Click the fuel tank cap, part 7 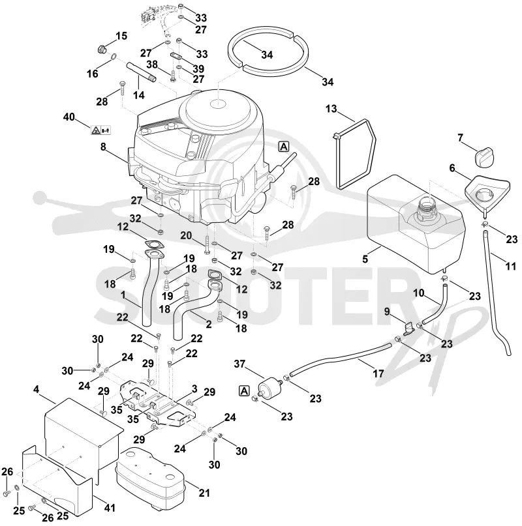click(484, 158)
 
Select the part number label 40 click(69, 117)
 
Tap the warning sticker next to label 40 click(100, 130)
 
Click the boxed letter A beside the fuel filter click(244, 391)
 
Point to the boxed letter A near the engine click(284, 147)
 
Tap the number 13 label click(331, 109)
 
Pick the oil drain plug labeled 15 click(100, 50)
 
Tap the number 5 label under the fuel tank click(365, 259)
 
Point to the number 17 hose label click(378, 373)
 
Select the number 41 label click(109, 508)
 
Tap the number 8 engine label click(103, 147)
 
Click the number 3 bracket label click(194, 389)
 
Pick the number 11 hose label click(510, 267)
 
